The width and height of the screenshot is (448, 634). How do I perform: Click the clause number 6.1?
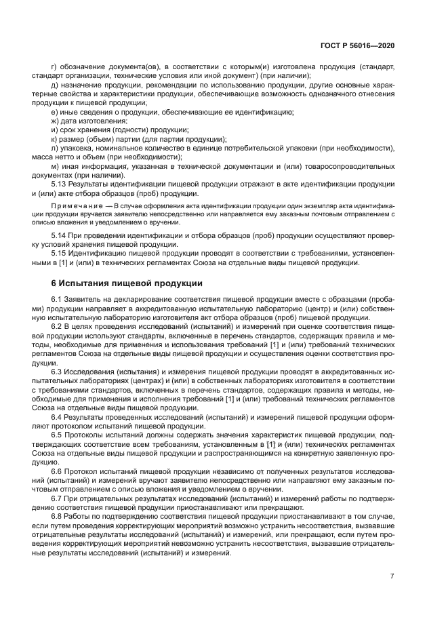pyautogui.click(x=57, y=300)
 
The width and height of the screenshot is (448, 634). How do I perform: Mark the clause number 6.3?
pyautogui.click(x=57, y=373)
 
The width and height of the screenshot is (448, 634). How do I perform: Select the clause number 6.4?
pyautogui.click(x=57, y=417)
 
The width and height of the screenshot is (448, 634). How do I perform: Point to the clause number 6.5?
pyautogui.click(x=57, y=434)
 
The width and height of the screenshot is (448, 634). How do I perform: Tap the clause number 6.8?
pyautogui.click(x=57, y=515)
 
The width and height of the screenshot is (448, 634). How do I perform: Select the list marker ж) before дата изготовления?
pyautogui.click(x=55, y=120)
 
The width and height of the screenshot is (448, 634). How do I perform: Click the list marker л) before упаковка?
pyautogui.click(x=54, y=147)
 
